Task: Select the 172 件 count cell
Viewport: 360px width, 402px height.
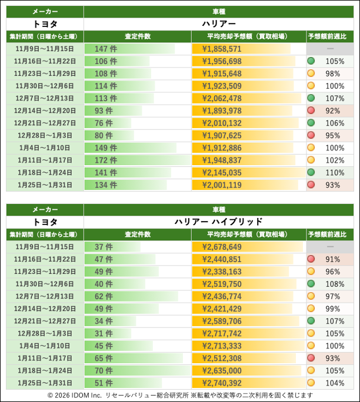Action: pyautogui.click(x=106, y=160)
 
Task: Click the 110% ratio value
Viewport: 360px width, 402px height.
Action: pyautogui.click(x=334, y=172)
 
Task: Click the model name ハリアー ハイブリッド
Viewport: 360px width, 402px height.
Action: pyautogui.click(x=218, y=222)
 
